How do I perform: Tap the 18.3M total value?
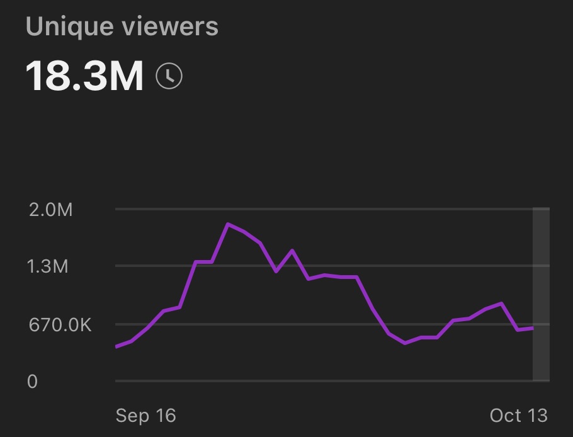point(85,76)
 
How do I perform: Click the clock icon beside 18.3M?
point(169,76)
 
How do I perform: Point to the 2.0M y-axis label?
point(51,210)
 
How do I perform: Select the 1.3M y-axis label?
point(48,266)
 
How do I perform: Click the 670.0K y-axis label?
point(59,325)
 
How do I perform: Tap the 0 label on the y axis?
point(32,381)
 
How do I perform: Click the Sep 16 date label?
point(146,416)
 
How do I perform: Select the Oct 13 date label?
point(519,416)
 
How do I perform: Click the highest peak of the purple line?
point(227,224)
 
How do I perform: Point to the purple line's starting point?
point(116,346)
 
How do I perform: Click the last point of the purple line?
point(533,328)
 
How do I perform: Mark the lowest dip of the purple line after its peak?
point(405,343)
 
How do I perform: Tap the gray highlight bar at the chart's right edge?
point(541,294)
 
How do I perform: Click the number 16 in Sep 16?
point(165,416)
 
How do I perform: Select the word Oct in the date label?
point(505,416)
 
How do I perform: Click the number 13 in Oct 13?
point(537,416)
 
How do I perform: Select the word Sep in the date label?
point(132,416)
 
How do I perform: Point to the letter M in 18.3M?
point(125,76)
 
